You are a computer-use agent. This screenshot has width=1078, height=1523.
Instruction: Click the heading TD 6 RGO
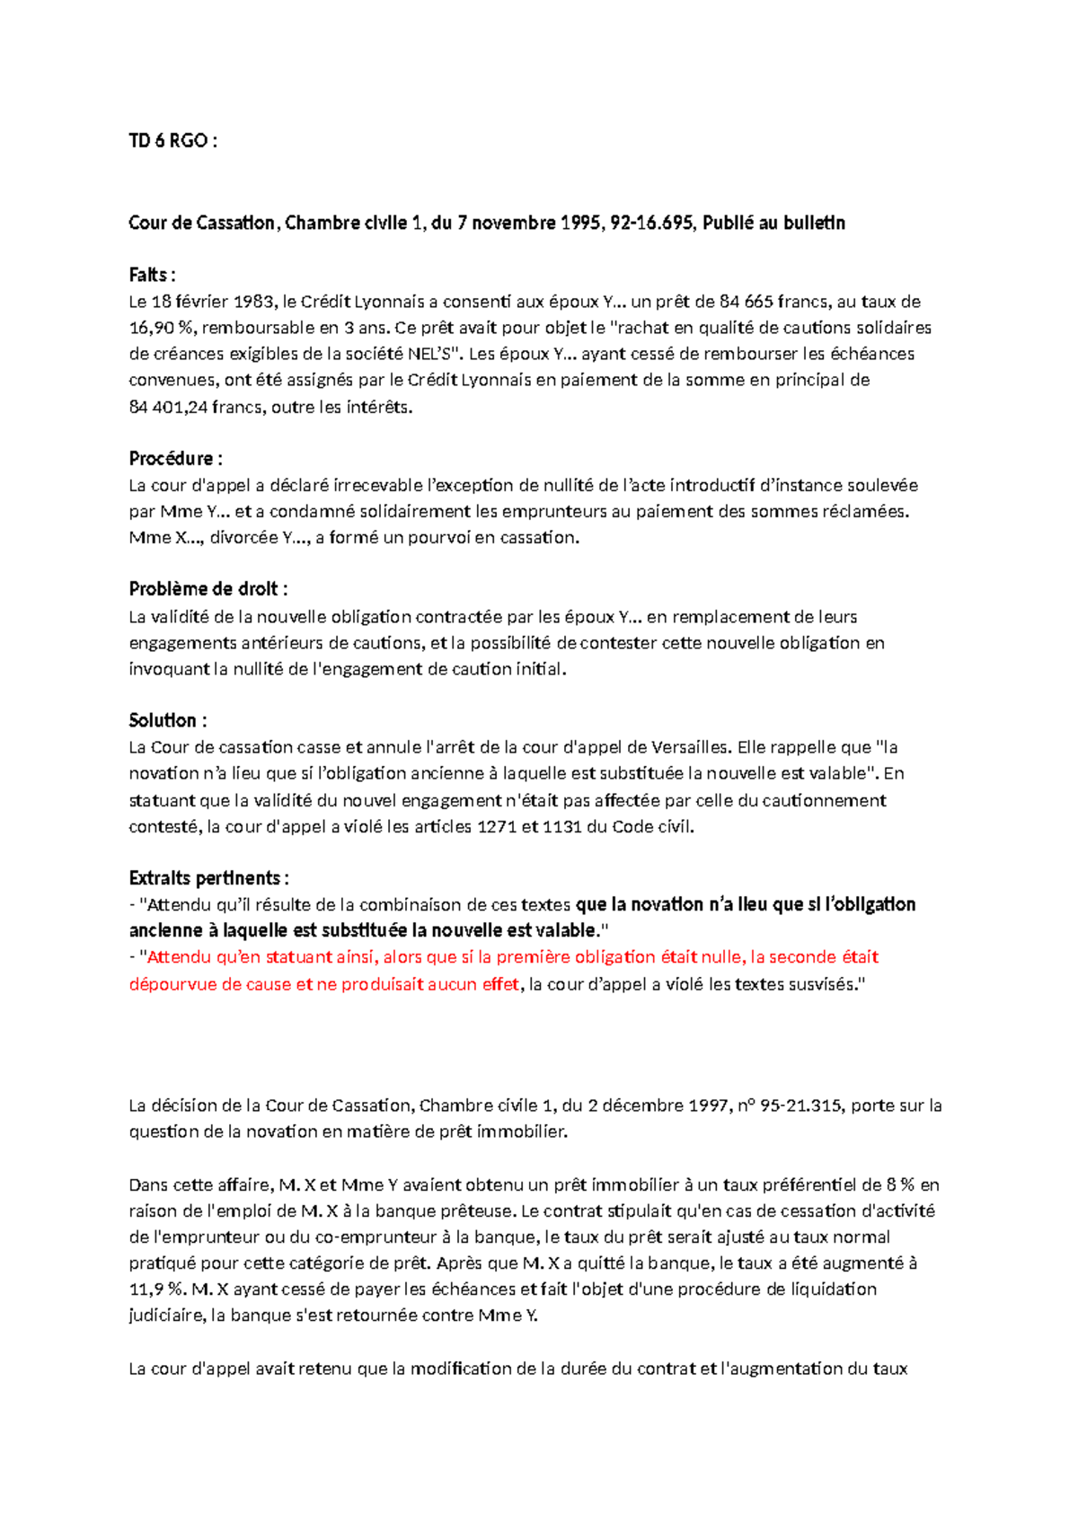point(172,141)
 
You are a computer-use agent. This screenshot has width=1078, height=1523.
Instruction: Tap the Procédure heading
point(175,458)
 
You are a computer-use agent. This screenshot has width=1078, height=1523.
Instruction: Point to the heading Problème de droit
point(208,589)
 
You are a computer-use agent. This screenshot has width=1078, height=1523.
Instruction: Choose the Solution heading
point(168,720)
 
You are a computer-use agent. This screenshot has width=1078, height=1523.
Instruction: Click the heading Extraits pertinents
point(208,877)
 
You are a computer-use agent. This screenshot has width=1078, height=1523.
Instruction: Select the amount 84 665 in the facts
point(747,302)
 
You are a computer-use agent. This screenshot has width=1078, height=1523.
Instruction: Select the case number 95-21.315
point(802,1105)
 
